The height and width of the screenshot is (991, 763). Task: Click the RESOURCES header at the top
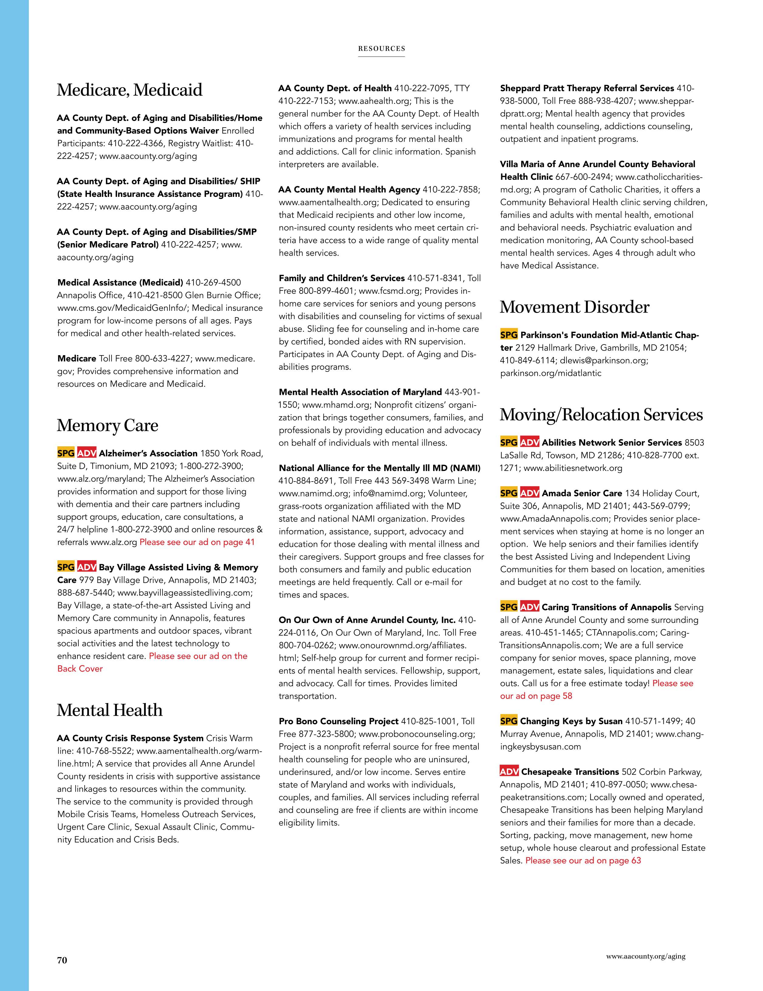pos(381,49)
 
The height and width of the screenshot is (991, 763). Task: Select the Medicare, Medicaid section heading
pos(129,90)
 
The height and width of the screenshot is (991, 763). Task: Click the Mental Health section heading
pos(109,710)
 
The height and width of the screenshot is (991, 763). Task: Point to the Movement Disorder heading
pos(574,307)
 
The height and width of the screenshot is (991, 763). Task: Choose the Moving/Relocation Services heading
pos(601,415)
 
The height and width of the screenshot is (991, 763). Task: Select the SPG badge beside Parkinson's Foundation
pos(508,335)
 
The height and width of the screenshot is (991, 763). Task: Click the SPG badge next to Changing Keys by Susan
pos(508,721)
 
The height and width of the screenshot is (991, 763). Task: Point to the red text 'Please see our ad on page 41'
pos(197,542)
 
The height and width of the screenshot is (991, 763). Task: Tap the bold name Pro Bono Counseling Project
pos(338,721)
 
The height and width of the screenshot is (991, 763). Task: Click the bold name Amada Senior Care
pos(582,493)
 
